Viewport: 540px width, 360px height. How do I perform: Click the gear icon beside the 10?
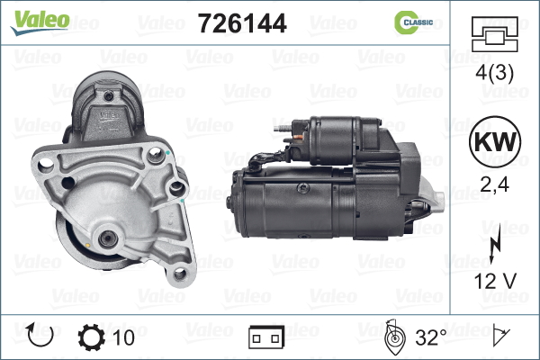pyautogui.click(x=93, y=337)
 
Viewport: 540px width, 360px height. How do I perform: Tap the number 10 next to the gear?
pyautogui.click(x=125, y=337)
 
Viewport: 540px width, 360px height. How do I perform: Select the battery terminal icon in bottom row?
pyautogui.click(x=265, y=337)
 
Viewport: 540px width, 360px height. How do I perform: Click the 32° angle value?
pyautogui.click(x=430, y=337)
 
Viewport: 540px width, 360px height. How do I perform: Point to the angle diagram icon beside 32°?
pyautogui.click(x=393, y=337)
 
